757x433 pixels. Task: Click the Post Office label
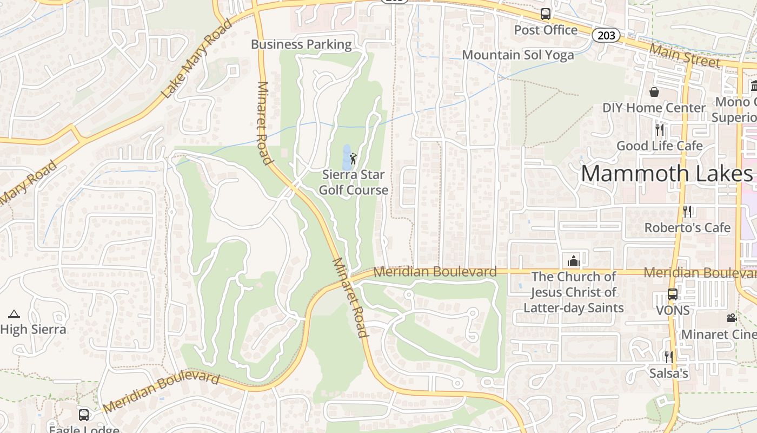tap(546, 30)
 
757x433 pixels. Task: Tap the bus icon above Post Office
tap(546, 14)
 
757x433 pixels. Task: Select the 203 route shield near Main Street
tap(606, 35)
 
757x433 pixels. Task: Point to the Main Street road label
tap(685, 56)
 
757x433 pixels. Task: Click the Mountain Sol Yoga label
tap(517, 55)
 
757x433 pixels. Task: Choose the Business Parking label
tap(301, 44)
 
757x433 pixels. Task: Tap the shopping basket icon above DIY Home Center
tap(654, 92)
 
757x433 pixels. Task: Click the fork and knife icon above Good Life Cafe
tap(660, 130)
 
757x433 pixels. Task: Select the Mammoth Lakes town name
tap(666, 174)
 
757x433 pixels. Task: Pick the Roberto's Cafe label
tap(687, 228)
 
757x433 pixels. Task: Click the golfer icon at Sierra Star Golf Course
tap(353, 159)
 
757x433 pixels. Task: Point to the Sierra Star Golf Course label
tap(353, 182)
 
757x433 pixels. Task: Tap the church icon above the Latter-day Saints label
tap(573, 261)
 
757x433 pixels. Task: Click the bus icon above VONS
tap(672, 294)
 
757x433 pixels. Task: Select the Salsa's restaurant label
tap(669, 373)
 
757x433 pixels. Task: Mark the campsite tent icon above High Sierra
tap(14, 314)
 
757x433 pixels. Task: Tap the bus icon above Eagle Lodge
tap(84, 415)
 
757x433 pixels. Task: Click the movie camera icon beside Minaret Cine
tap(732, 318)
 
